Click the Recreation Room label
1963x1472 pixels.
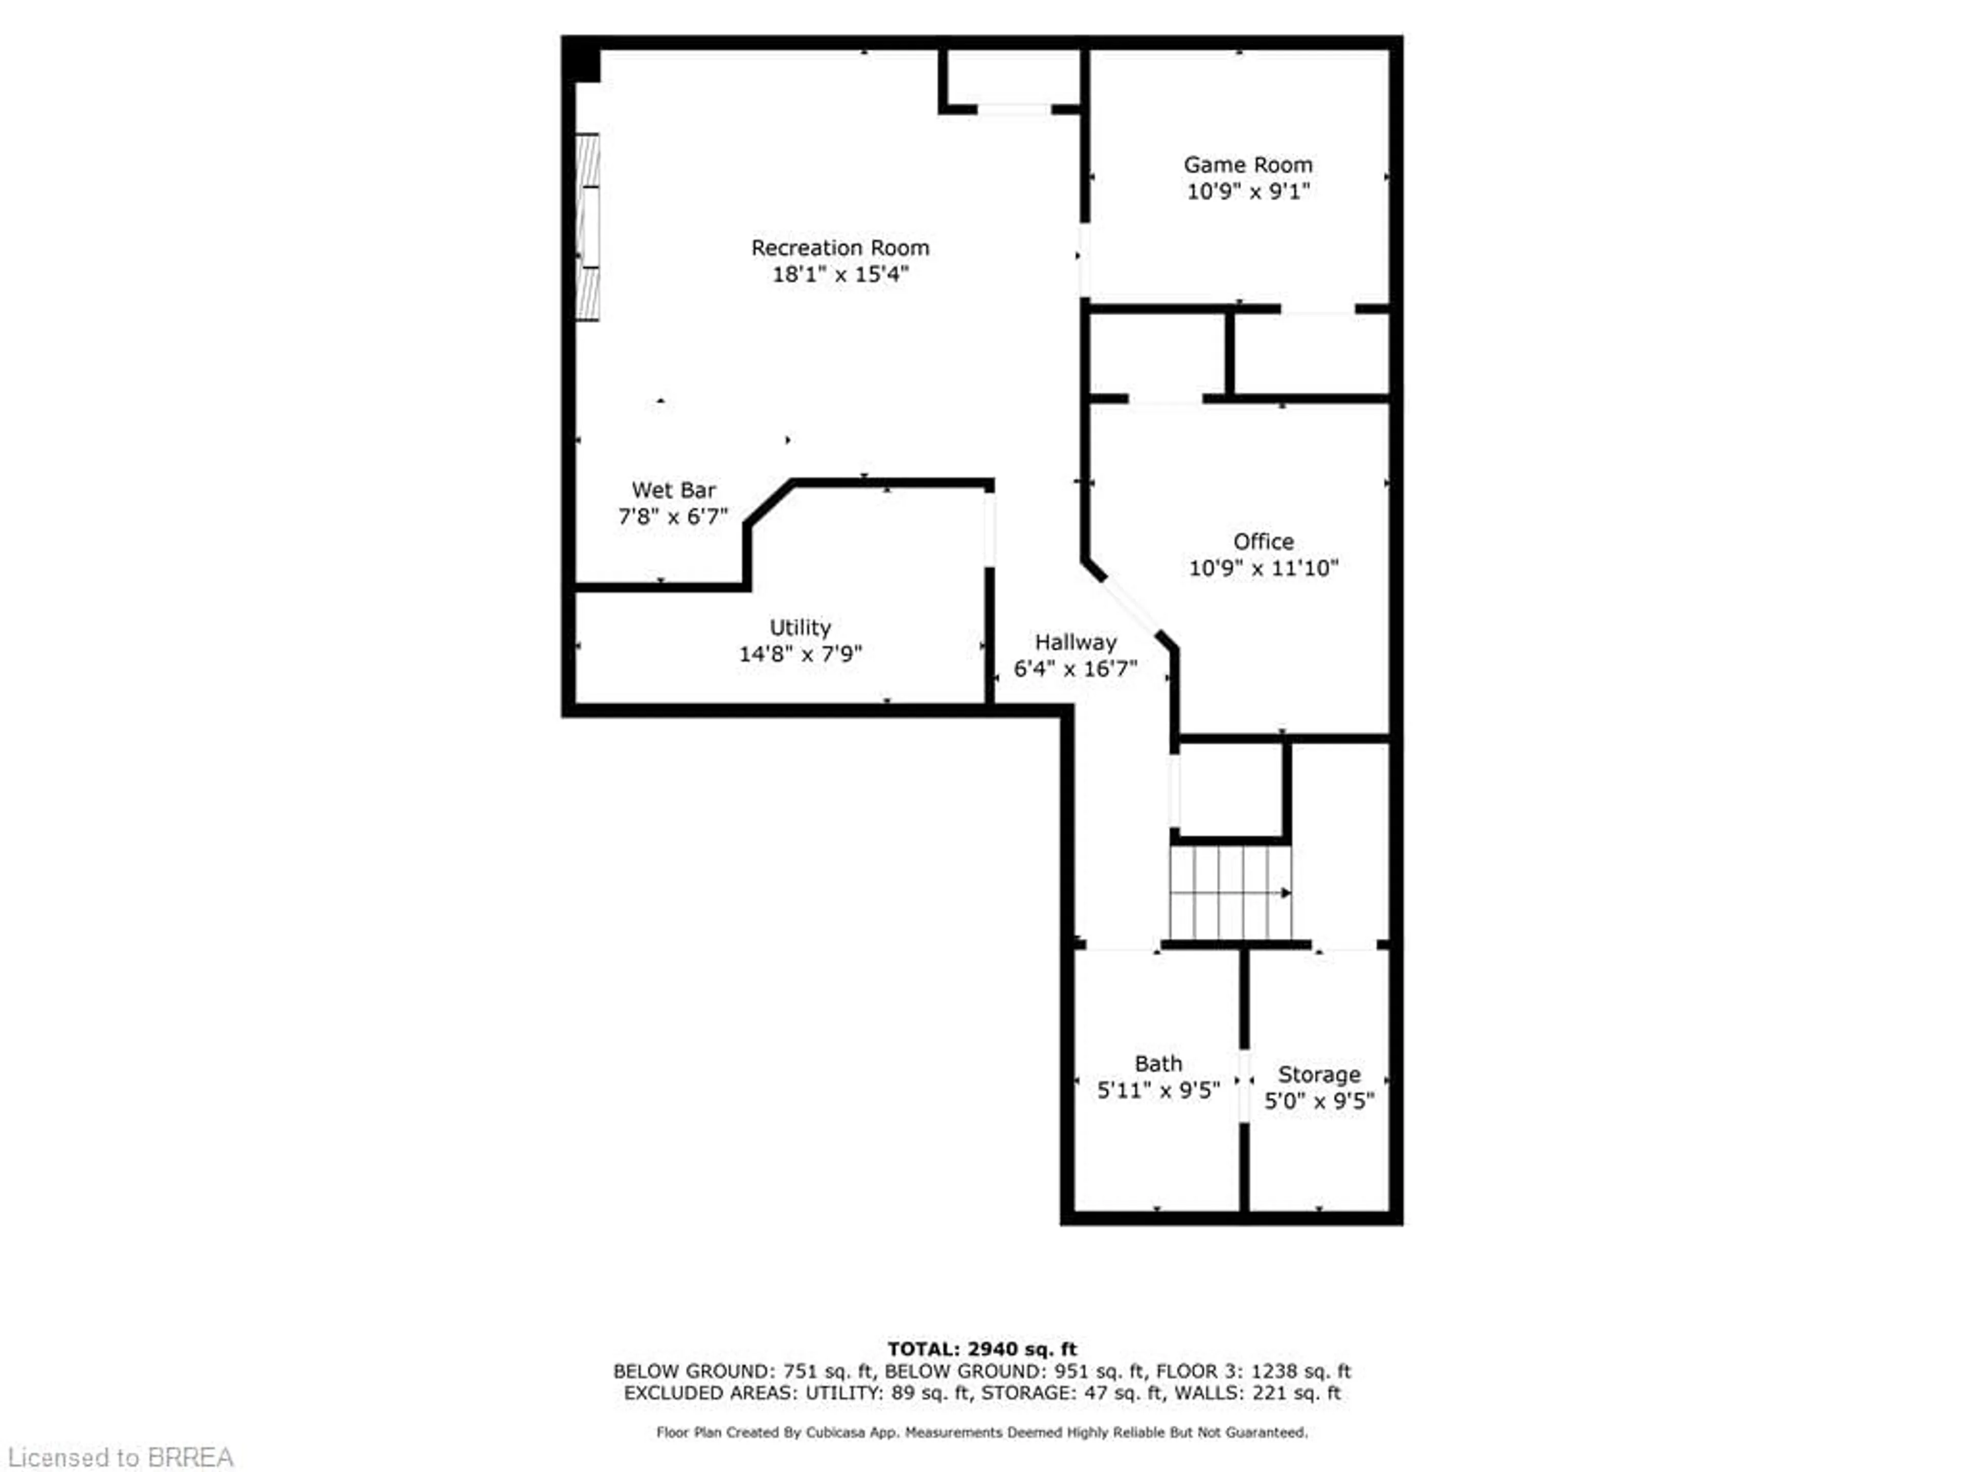[x=839, y=247]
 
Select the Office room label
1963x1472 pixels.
[x=1263, y=541]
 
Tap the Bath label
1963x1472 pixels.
[x=1158, y=1063]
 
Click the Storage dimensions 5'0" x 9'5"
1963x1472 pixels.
[x=1319, y=1101]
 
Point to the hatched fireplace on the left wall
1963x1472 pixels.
[x=587, y=227]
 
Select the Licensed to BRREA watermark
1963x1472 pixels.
[x=121, y=1458]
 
